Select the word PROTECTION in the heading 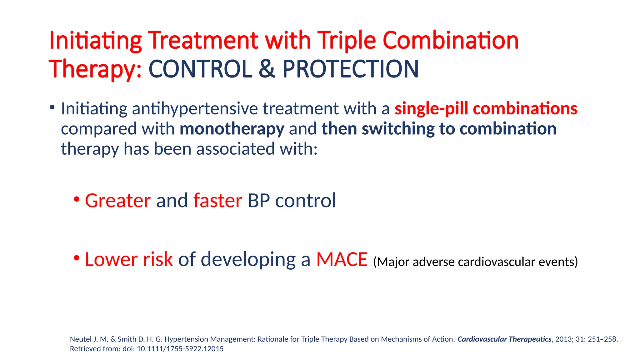tap(350, 69)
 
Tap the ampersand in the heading tap(267, 69)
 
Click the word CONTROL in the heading tap(200, 69)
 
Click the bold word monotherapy tap(232, 129)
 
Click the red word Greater tap(118, 200)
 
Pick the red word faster tap(217, 200)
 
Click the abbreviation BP tap(258, 200)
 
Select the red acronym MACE tap(342, 259)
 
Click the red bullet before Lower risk tap(77, 258)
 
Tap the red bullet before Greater tap(77, 199)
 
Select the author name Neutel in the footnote tap(80, 339)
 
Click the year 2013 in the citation tap(564, 339)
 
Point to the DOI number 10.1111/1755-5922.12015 tap(180, 349)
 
